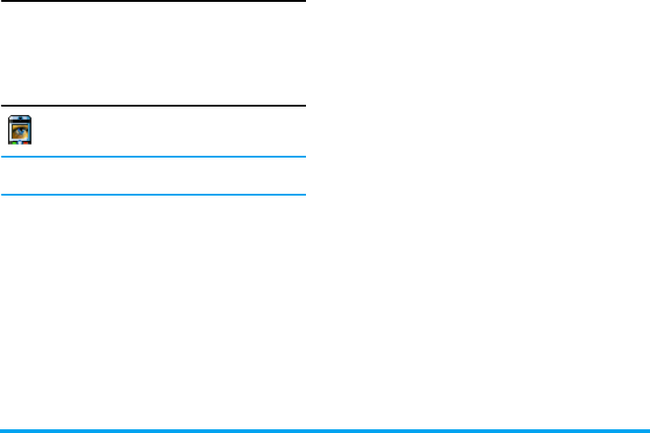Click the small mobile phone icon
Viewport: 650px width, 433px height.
point(20,129)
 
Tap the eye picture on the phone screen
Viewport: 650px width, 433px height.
point(20,131)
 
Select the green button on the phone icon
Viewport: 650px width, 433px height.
point(14,144)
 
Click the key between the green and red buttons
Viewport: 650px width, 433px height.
point(20,144)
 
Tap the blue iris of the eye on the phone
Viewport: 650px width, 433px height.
point(21,131)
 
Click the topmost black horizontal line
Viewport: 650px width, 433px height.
point(153,2)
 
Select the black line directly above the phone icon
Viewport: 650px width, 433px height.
point(153,106)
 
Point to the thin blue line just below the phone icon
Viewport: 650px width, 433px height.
point(153,157)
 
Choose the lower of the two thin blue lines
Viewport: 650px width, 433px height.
point(153,194)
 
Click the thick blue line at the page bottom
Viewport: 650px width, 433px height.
point(325,430)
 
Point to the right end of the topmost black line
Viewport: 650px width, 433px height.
point(303,2)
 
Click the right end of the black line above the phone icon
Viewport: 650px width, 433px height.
point(303,106)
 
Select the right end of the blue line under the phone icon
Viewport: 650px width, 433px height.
point(303,157)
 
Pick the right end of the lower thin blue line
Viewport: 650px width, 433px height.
point(303,194)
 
